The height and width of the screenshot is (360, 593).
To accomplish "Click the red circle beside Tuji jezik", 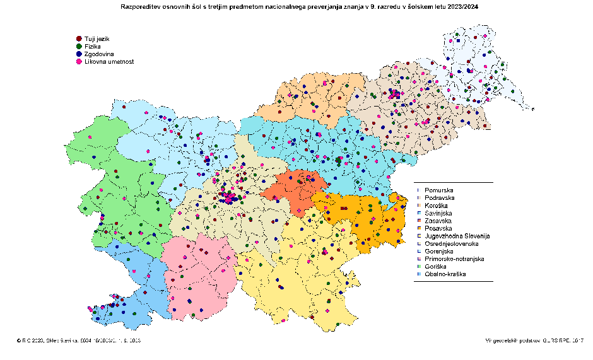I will point(78,39).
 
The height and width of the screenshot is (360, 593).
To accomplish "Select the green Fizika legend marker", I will point(78,47).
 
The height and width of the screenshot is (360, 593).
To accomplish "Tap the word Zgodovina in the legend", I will point(99,54).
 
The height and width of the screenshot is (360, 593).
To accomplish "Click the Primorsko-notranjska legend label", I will point(454,259).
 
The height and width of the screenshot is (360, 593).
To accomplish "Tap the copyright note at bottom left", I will point(79,340).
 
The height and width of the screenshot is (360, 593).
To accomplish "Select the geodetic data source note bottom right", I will point(535,340).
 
